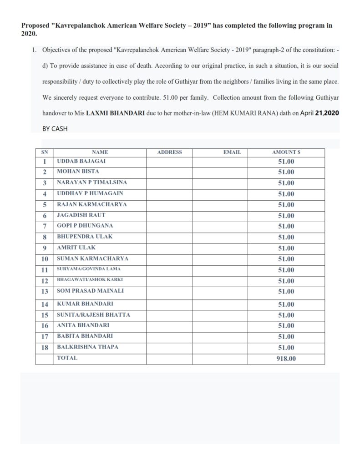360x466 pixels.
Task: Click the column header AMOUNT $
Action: pos(286,152)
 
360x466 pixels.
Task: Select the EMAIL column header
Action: pos(232,152)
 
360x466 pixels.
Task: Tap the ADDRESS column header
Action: pos(169,152)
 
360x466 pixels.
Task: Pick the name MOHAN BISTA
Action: pos(78,172)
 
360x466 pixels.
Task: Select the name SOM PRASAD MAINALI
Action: pos(90,290)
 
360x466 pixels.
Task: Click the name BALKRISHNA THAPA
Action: pos(87,347)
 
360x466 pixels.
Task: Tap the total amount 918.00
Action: pos(286,359)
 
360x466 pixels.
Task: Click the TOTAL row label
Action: pos(67,358)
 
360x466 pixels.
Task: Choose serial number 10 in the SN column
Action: pos(45,259)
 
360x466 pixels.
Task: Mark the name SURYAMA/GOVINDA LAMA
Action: pos(89,269)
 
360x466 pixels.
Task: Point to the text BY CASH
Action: pos(55,129)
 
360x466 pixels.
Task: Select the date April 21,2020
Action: pos(319,114)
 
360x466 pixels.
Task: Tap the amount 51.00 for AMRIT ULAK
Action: pos(286,248)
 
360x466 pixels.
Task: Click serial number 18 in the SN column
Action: pos(45,347)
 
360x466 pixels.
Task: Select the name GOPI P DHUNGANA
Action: pos(85,226)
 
